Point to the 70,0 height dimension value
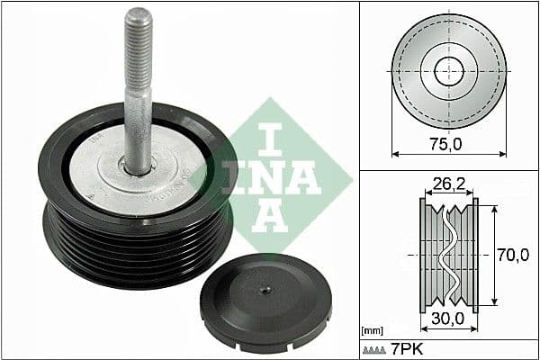(x=513, y=256)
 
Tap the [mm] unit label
(x=371, y=332)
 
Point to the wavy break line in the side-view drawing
(x=448, y=255)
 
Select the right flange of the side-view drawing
(x=475, y=256)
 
